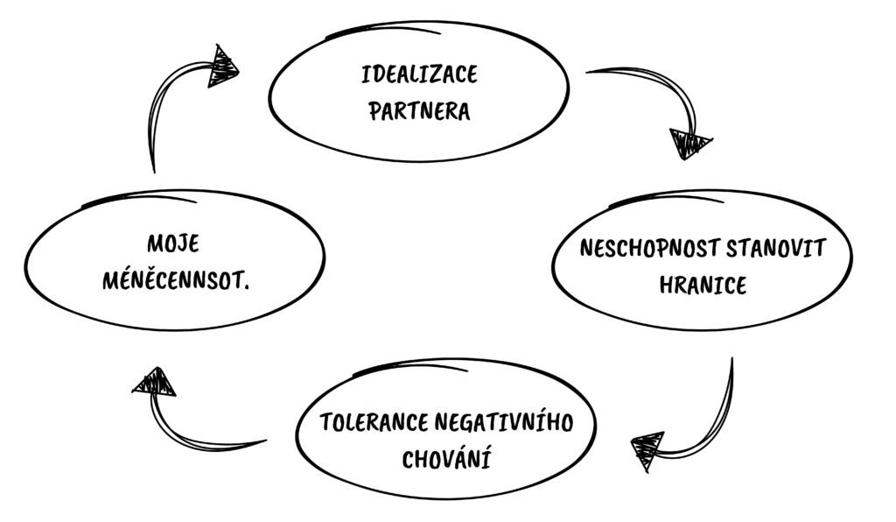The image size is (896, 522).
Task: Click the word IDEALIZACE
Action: (x=419, y=75)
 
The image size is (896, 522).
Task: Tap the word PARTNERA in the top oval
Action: (x=419, y=111)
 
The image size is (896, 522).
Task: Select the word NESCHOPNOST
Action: (x=649, y=249)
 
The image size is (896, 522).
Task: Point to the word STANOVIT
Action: (x=776, y=249)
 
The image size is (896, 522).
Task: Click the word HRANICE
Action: (x=703, y=285)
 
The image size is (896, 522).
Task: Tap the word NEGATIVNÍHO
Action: (x=504, y=422)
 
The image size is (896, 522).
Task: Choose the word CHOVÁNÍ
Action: (x=446, y=459)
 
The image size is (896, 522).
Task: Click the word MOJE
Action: (x=174, y=244)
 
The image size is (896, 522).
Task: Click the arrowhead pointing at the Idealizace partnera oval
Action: (x=221, y=66)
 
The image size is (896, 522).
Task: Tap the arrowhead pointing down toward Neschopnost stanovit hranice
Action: (x=689, y=145)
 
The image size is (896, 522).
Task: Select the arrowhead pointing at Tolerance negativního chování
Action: (x=647, y=450)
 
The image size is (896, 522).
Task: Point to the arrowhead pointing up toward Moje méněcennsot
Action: (x=154, y=382)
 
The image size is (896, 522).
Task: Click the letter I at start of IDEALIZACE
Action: (x=365, y=75)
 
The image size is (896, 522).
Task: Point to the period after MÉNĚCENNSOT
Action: (x=246, y=287)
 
